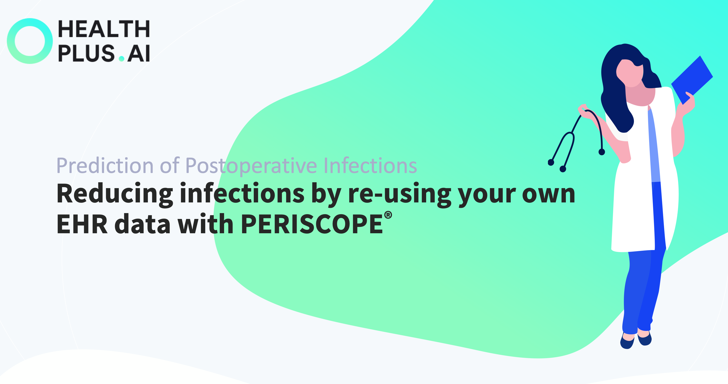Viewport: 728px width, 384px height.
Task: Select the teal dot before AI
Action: (x=122, y=58)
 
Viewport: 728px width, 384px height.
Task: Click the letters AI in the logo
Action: (x=139, y=53)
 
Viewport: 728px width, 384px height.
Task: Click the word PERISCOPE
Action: (x=312, y=224)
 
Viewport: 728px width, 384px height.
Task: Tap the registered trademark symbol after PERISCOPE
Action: (x=388, y=215)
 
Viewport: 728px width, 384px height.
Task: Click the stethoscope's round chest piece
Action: (x=602, y=152)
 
